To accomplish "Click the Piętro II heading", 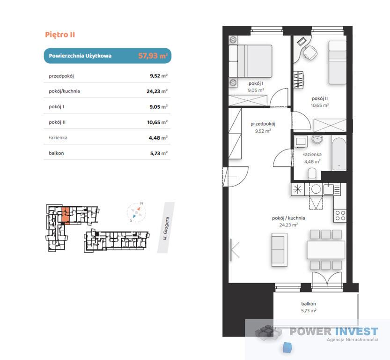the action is click(x=60, y=35).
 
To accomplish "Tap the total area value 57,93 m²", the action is click(x=153, y=55).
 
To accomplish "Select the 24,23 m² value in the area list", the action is click(x=157, y=91).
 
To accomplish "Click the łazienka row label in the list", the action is click(x=58, y=138).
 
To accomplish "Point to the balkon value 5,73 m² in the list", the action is click(x=159, y=153).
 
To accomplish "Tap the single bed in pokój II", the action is click(x=338, y=62).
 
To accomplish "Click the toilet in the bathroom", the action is click(x=312, y=173).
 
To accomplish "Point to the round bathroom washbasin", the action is click(x=317, y=139).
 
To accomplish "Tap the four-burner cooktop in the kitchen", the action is click(x=340, y=216).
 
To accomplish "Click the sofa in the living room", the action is click(x=280, y=249).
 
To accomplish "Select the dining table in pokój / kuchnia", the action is click(x=326, y=250).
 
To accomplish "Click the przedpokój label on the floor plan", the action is click(x=263, y=124).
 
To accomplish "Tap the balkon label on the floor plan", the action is click(x=309, y=304).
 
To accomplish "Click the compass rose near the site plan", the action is click(x=137, y=212).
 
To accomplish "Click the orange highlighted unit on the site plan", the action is click(x=65, y=215).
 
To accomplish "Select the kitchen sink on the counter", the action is click(x=328, y=190).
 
